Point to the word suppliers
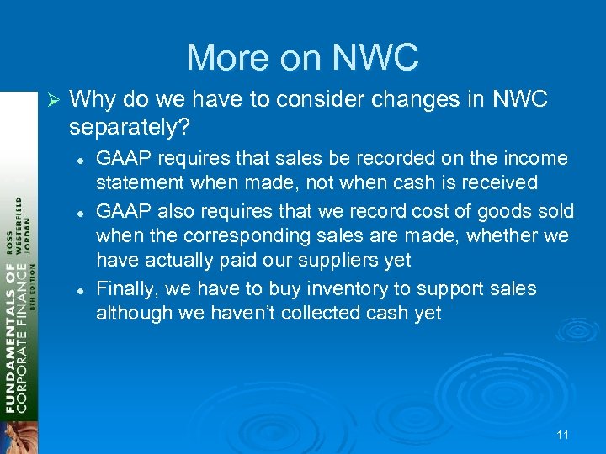click(332, 261)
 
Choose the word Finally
click(128, 288)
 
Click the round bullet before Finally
click(77, 288)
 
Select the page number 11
click(563, 435)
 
